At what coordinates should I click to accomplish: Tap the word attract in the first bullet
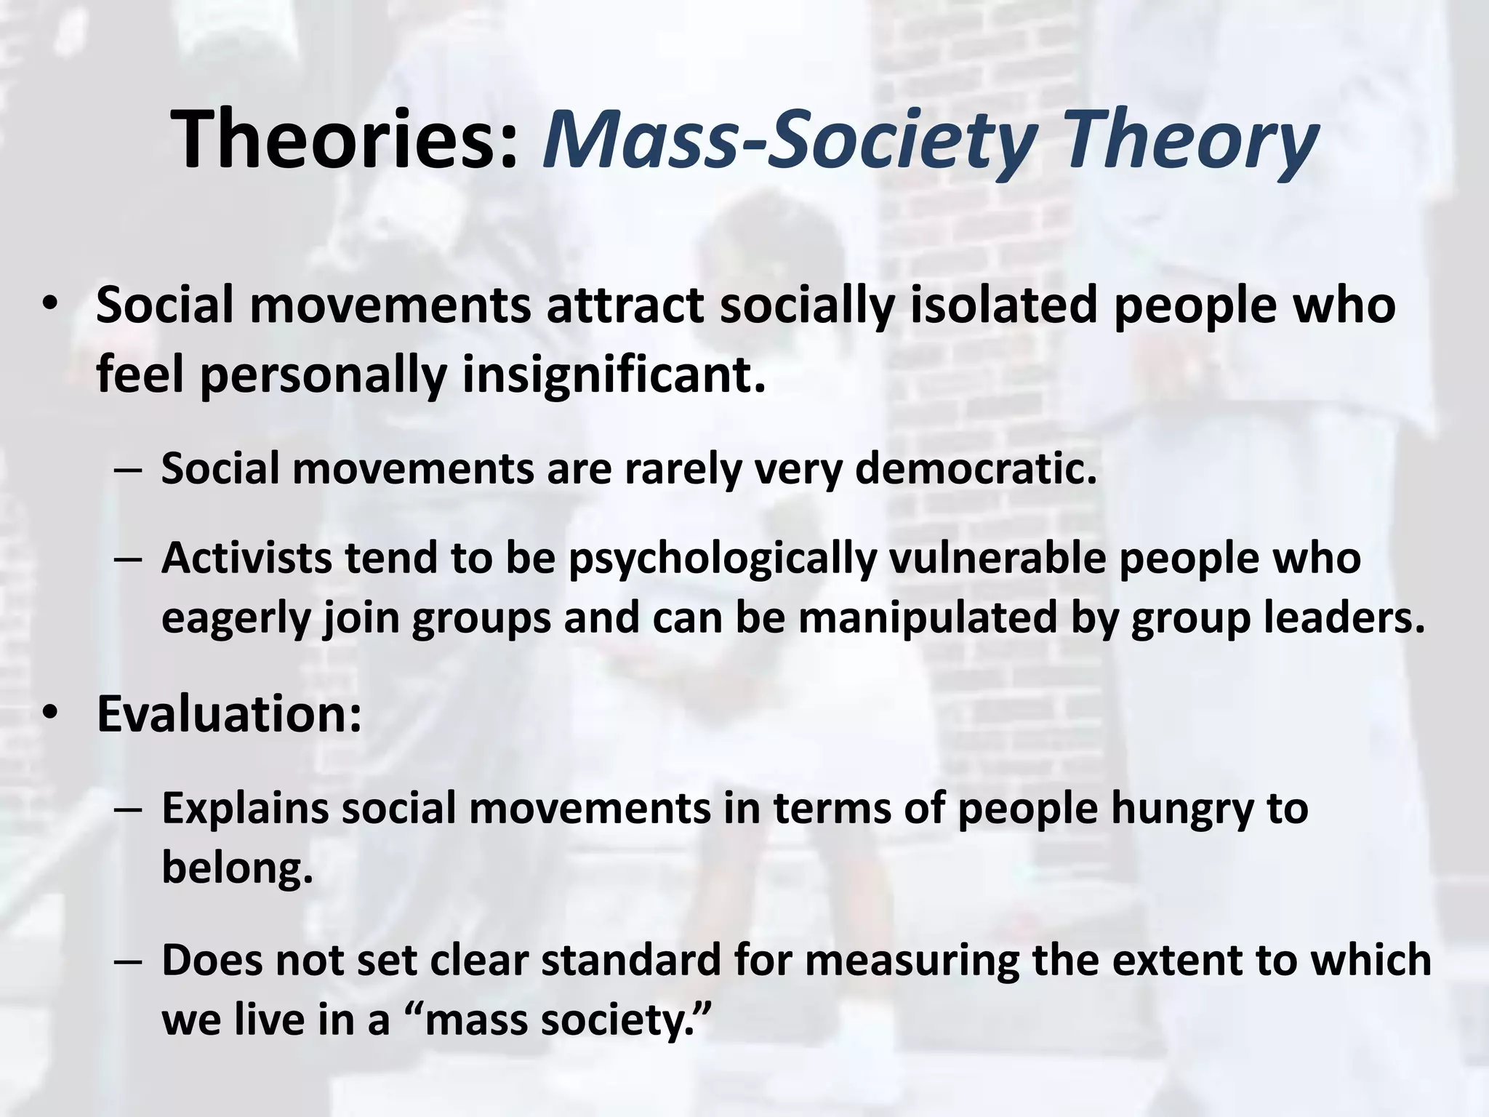[x=625, y=305]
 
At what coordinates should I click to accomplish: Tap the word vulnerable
[x=996, y=558]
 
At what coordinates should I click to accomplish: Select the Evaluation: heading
[x=229, y=714]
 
